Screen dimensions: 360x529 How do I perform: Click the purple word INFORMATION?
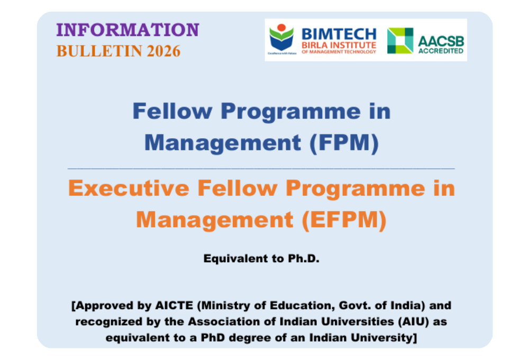point(127,30)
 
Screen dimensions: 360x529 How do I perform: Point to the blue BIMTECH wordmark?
point(339,34)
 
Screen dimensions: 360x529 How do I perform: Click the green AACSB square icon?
point(400,41)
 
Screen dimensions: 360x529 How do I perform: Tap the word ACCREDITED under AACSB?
point(441,51)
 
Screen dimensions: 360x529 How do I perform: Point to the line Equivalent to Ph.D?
point(262,259)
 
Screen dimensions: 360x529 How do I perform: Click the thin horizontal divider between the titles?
point(261,168)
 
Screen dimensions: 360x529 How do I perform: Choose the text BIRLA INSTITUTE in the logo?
point(339,45)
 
